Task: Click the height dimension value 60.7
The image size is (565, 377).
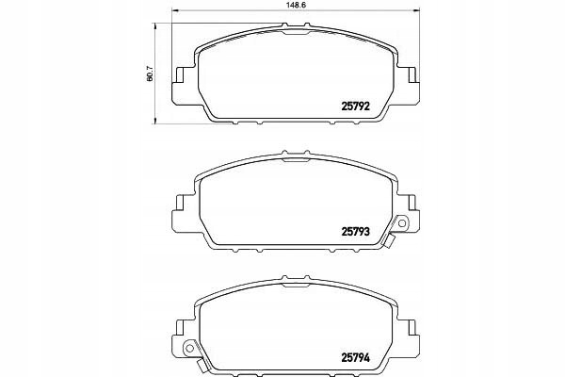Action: pyautogui.click(x=151, y=74)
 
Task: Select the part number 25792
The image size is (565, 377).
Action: pyautogui.click(x=355, y=107)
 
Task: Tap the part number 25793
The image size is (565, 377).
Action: pyautogui.click(x=355, y=232)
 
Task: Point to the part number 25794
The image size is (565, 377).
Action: pyautogui.click(x=355, y=357)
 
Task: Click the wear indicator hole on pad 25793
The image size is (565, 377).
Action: pyautogui.click(x=402, y=223)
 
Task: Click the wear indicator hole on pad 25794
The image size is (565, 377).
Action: pyautogui.click(x=189, y=348)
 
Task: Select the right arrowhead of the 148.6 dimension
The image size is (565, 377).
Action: pyautogui.click(x=416, y=10)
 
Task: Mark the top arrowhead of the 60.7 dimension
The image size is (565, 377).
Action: pyautogui.click(x=155, y=26)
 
